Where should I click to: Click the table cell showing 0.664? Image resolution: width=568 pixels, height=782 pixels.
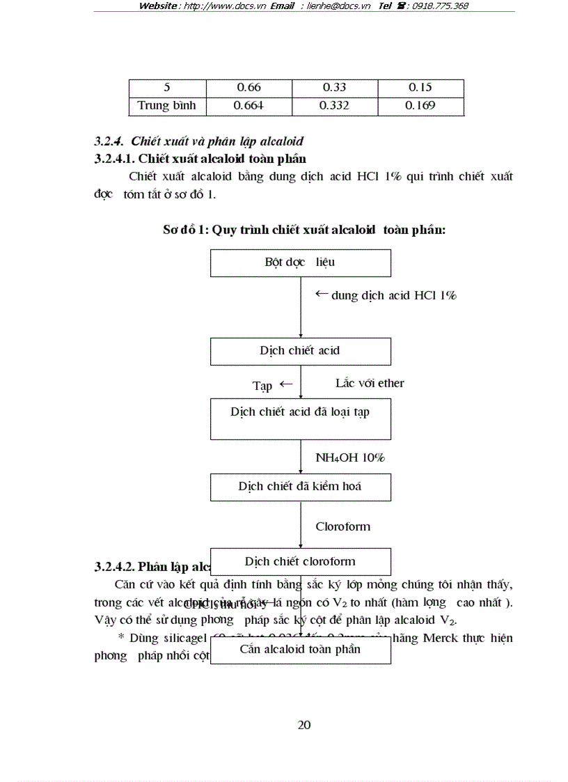[248, 106]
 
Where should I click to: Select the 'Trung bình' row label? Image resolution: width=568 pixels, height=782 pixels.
[167, 106]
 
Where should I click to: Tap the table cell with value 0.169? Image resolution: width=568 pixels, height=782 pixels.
[420, 106]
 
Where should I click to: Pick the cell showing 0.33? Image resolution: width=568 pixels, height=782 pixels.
[334, 88]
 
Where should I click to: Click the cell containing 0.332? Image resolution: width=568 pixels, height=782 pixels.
[334, 106]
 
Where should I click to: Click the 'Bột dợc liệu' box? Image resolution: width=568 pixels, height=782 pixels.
[300, 263]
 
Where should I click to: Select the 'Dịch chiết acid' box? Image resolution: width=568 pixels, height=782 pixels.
[300, 351]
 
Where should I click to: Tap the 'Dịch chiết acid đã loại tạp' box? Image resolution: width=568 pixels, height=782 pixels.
[300, 419]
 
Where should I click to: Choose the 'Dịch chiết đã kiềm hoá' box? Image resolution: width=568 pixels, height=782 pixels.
[300, 487]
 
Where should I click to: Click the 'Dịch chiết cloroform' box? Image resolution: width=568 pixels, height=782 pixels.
[300, 561]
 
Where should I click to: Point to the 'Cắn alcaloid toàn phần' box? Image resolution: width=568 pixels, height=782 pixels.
[300, 650]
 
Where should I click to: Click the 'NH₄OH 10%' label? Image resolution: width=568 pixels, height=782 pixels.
[350, 458]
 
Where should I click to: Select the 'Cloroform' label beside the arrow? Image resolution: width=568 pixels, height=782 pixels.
[342, 526]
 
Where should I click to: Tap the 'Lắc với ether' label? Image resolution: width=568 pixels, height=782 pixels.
[370, 383]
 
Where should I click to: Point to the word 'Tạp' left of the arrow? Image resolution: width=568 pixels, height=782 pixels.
[262, 385]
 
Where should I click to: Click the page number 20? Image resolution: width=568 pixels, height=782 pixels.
[304, 725]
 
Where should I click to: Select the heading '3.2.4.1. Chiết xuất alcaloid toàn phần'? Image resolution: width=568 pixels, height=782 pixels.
[200, 159]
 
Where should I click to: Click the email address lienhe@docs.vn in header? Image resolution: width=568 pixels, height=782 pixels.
[339, 6]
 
